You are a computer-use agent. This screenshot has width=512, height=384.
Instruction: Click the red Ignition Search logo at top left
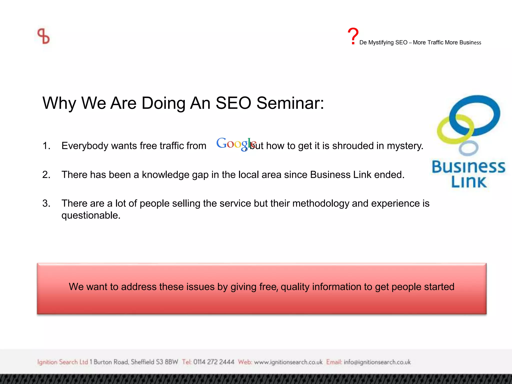[x=43, y=36]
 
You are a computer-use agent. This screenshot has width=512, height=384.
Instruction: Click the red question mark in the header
[x=353, y=36]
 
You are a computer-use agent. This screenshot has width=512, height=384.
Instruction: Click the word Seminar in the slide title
[x=290, y=103]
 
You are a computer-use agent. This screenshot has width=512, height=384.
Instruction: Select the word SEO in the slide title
[x=233, y=103]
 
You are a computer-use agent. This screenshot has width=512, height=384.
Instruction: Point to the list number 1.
[x=46, y=146]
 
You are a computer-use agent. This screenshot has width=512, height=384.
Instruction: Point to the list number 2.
[x=46, y=174]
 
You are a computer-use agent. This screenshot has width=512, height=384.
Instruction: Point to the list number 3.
[x=46, y=203]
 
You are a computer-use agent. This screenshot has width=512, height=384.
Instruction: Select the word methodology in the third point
[x=321, y=203]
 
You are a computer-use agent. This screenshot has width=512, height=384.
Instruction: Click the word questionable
[x=91, y=215]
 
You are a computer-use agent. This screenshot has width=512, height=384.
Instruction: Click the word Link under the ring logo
[x=469, y=182]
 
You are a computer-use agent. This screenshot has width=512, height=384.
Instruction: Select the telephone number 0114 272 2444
[x=213, y=362]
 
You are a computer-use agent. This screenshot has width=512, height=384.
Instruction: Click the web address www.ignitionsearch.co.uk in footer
[x=288, y=362]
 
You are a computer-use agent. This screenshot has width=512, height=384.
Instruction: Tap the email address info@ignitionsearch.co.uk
[x=377, y=362]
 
